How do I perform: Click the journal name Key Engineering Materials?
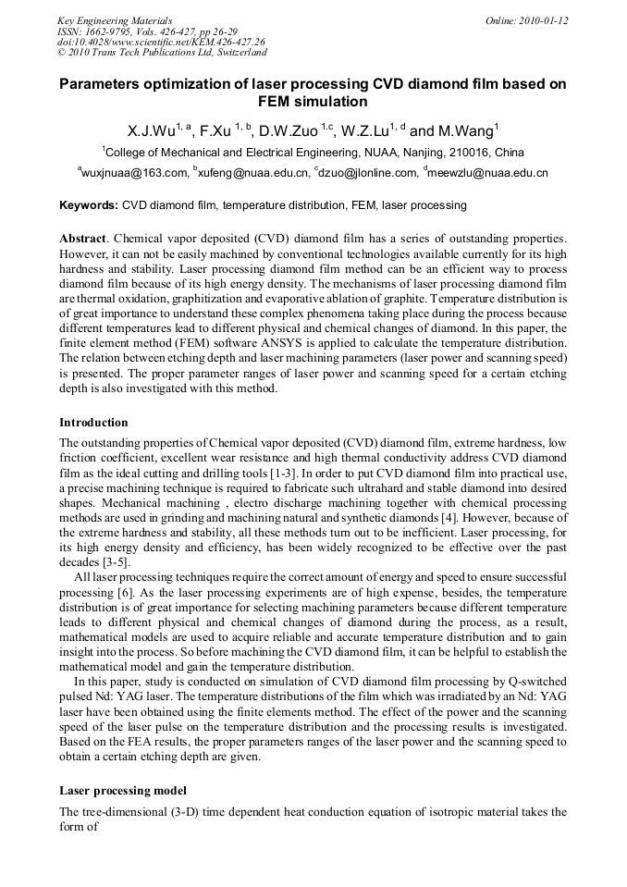pyautogui.click(x=115, y=20)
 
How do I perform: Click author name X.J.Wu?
pyautogui.click(x=154, y=130)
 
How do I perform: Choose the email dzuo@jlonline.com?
pyautogui.click(x=366, y=173)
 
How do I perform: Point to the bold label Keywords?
pyautogui.click(x=89, y=205)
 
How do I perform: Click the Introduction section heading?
pyautogui.click(x=98, y=423)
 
